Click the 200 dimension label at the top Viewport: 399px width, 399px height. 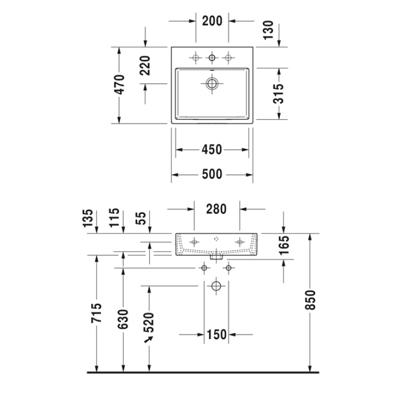tap(212, 21)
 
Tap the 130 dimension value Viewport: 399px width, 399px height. tap(268, 30)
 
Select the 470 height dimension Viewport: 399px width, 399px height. tap(120, 85)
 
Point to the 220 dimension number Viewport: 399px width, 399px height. tap(145, 66)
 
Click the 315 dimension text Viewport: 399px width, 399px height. tap(278, 94)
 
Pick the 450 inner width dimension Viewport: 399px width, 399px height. tap(212, 150)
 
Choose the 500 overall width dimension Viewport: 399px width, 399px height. tap(212, 175)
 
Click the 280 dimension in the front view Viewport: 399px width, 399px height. tap(216, 209)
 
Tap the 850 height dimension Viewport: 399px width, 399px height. tap(310, 300)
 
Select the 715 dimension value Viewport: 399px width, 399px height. tap(96, 313)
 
